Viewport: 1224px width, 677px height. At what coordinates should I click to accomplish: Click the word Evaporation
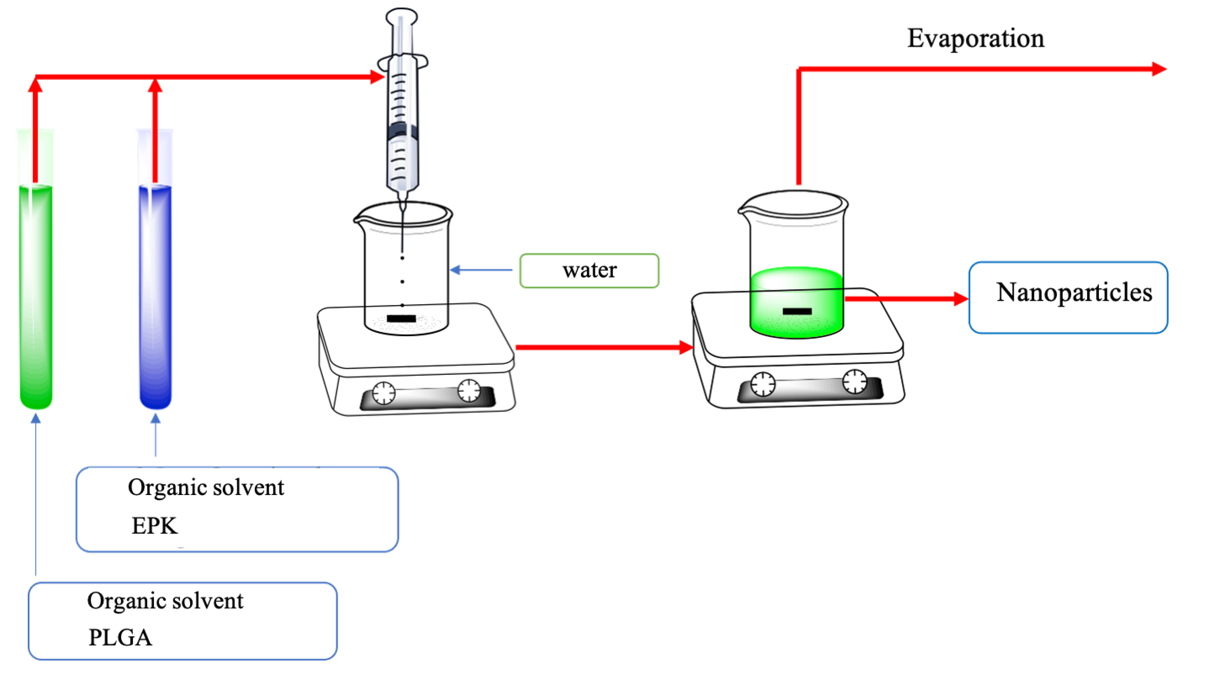[975, 38]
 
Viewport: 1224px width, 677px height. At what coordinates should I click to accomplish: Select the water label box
[589, 270]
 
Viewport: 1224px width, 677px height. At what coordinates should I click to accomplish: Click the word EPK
[155, 525]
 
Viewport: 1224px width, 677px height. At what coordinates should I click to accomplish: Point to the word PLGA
[120, 638]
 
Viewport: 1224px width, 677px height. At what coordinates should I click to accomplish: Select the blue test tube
[156, 295]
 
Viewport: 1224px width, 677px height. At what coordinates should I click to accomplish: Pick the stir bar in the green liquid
[797, 311]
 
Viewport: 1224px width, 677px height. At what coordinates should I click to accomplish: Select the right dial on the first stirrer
[469, 390]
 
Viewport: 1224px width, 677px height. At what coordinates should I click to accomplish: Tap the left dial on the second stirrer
[763, 384]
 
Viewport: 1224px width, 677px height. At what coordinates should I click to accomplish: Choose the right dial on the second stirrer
[854, 381]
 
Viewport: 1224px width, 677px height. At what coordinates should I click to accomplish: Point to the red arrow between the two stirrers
[604, 347]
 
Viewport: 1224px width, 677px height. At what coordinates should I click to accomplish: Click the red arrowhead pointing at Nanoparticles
[961, 299]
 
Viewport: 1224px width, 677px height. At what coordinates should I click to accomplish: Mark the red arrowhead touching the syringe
[377, 77]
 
